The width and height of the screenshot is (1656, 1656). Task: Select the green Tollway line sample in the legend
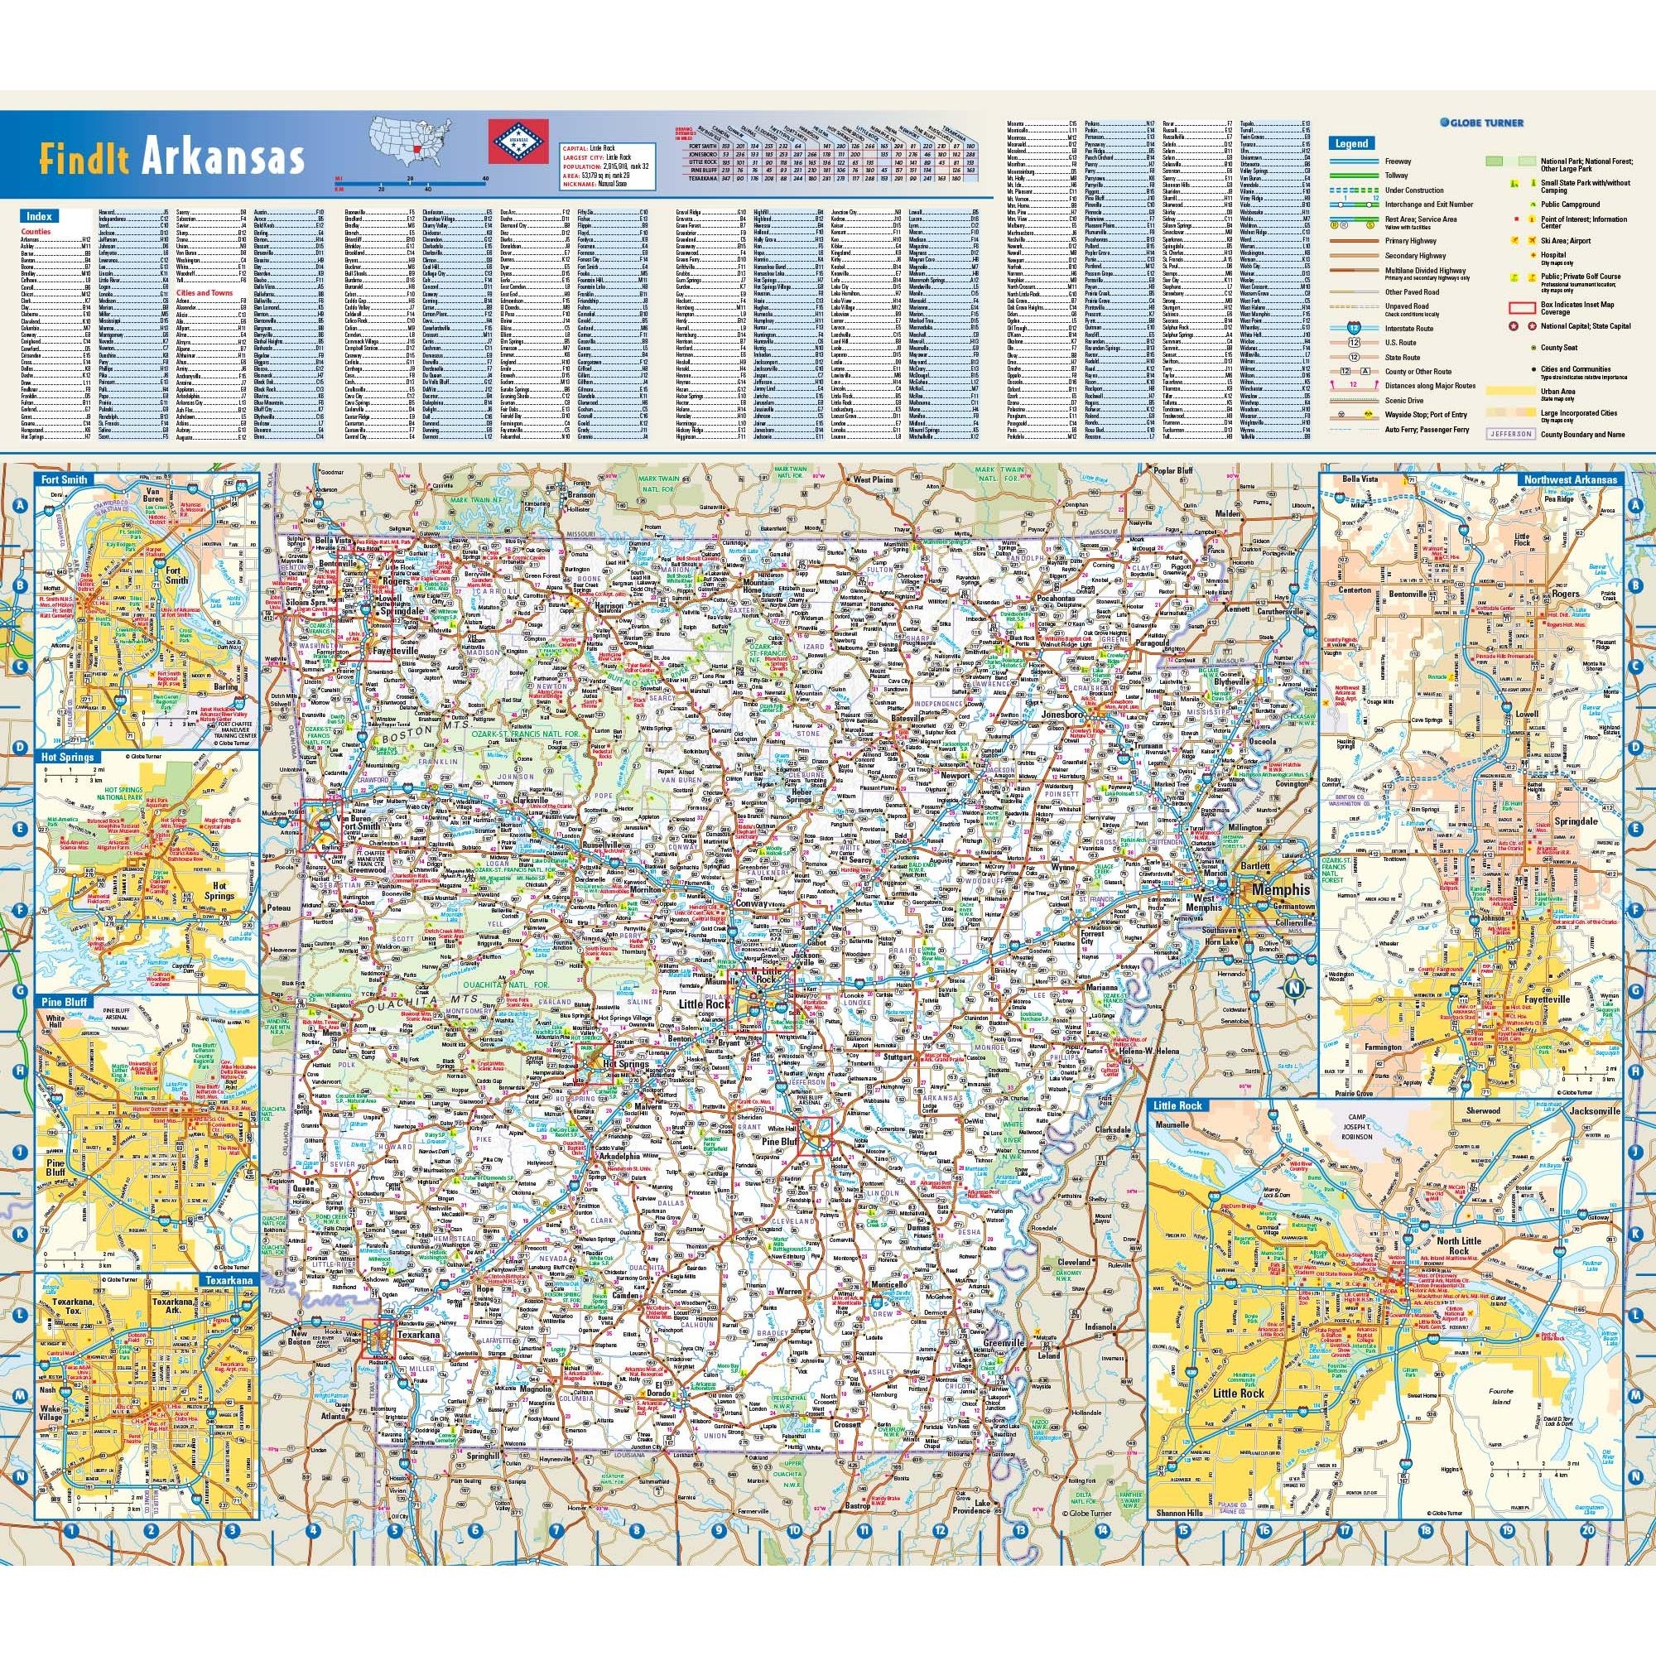[x=1354, y=176]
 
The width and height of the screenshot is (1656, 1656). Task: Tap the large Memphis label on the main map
[x=1281, y=891]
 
